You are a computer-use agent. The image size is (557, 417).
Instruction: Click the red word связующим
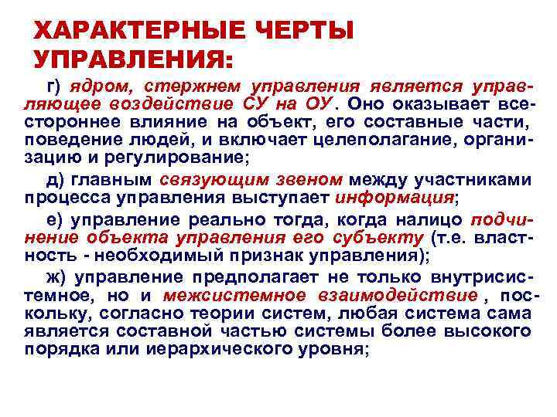[207, 180]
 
